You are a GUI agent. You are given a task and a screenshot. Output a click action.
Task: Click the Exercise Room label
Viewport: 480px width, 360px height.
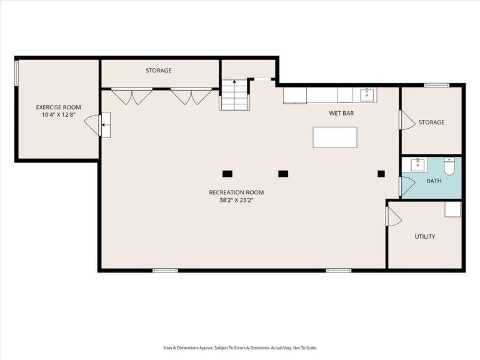[59, 107]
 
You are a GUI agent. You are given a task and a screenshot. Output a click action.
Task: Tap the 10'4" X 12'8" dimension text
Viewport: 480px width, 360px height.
[59, 115]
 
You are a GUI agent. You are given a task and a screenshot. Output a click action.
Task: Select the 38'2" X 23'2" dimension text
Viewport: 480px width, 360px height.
[237, 201]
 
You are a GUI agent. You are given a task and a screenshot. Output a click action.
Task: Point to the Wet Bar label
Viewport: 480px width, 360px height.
[341, 113]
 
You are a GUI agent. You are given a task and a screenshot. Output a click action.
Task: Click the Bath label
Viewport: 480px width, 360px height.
[434, 181]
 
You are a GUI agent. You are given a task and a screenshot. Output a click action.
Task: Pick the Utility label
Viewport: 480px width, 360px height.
[425, 237]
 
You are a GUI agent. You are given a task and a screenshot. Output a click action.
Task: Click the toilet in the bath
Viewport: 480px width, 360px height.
[449, 166]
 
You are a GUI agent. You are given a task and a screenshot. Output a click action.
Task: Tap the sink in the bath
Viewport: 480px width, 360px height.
[417, 165]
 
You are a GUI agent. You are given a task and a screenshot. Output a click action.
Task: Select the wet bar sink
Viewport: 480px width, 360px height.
[367, 94]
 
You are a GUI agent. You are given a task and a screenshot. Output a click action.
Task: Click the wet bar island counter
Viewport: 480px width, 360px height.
[335, 137]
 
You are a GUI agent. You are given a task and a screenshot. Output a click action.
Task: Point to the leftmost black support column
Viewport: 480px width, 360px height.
[227, 174]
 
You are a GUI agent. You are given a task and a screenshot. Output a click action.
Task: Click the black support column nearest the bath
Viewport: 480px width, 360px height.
[381, 174]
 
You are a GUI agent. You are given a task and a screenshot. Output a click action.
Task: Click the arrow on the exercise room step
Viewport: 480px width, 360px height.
[105, 125]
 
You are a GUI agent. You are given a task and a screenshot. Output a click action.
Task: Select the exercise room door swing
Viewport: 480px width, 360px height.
[91, 125]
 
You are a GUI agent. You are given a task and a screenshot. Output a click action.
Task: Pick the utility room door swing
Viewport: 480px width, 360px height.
[394, 216]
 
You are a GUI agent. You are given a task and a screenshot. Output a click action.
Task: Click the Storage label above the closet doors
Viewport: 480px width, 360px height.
[159, 71]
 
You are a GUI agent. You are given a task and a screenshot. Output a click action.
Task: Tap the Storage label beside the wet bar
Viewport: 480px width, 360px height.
[431, 122]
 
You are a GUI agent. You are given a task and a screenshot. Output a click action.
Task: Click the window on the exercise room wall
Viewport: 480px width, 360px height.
[16, 72]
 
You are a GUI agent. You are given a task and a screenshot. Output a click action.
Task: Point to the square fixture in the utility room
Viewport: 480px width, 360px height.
[452, 209]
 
